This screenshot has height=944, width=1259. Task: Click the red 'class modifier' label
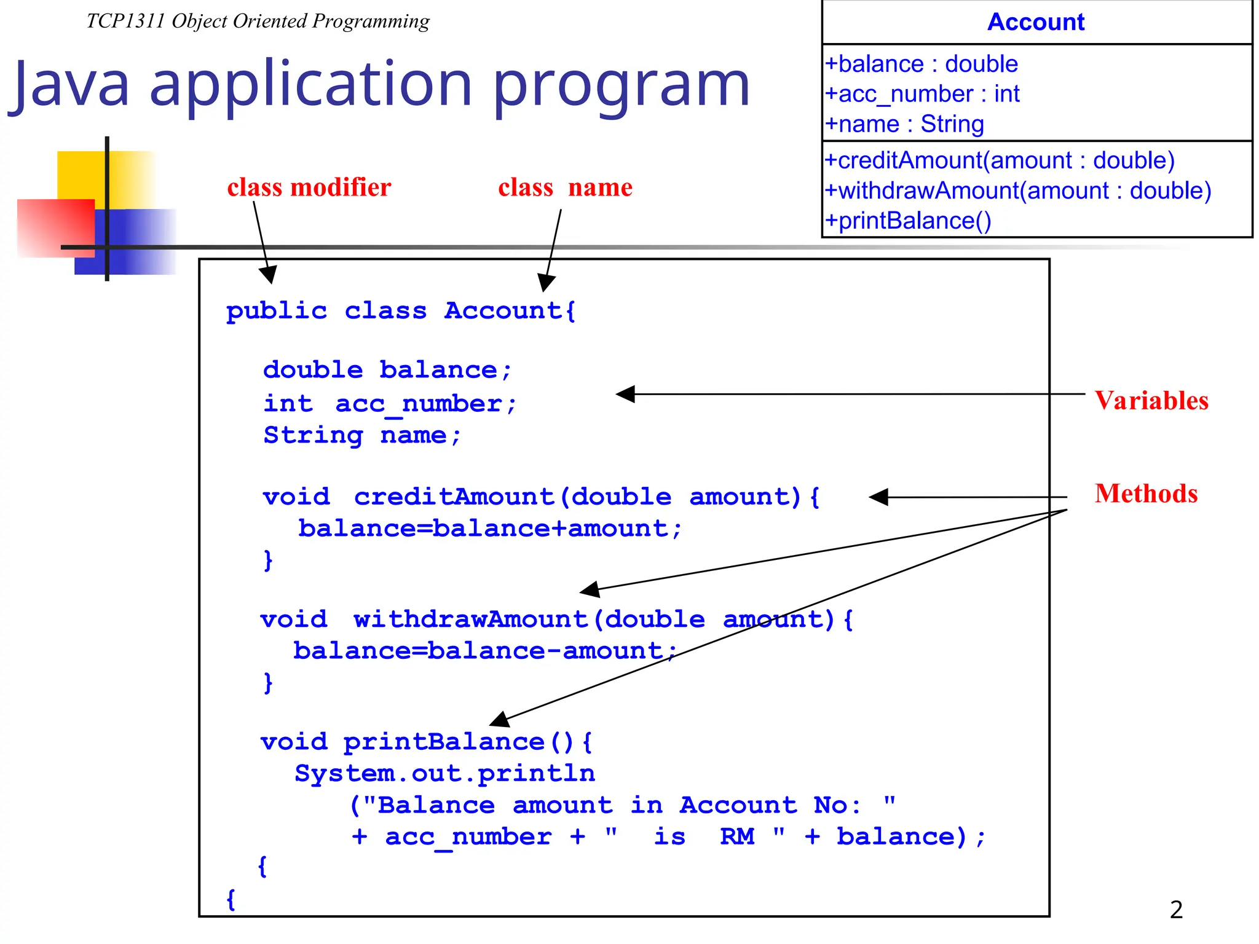click(x=309, y=187)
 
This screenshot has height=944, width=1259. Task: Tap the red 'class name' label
click(x=565, y=187)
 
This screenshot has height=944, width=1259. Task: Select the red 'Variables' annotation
click(x=1151, y=401)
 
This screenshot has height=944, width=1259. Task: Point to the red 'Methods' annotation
click(x=1146, y=494)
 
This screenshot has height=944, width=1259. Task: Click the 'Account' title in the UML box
click(x=1036, y=22)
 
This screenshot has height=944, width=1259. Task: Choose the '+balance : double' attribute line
click(x=922, y=64)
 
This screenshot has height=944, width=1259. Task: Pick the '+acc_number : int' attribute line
click(x=922, y=94)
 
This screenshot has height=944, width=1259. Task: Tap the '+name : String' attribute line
click(x=904, y=124)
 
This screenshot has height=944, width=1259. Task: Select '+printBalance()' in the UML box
click(x=908, y=221)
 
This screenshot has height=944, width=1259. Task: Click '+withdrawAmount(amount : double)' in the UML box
click(x=1017, y=191)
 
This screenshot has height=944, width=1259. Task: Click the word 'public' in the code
click(x=277, y=312)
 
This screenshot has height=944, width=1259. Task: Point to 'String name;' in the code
click(x=362, y=436)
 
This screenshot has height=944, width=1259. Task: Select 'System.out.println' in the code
click(x=444, y=774)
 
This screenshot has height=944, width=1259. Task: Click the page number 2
click(x=1176, y=910)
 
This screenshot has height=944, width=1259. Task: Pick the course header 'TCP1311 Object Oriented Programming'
click(x=258, y=22)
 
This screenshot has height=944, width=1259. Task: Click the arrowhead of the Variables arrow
click(x=625, y=394)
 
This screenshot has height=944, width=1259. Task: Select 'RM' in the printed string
click(x=736, y=837)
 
